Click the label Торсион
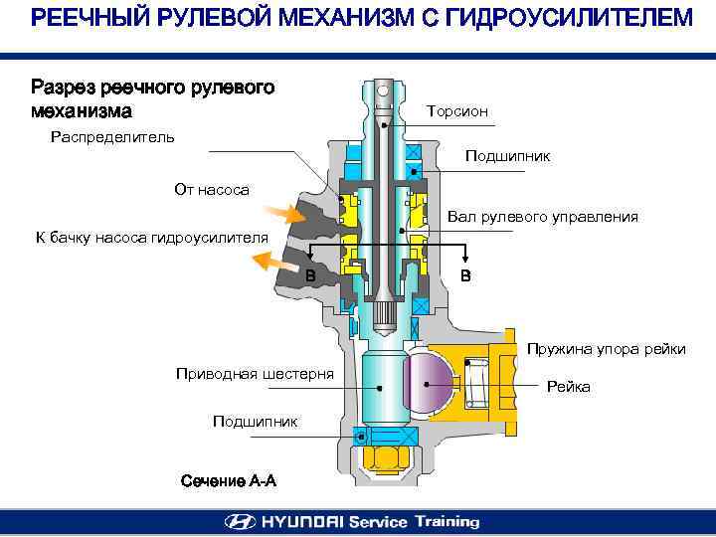(456, 111)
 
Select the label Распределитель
(112, 136)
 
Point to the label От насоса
(212, 189)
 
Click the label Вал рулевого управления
(542, 216)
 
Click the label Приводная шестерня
(255, 373)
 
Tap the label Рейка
(569, 387)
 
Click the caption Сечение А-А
(229, 481)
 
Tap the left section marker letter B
(311, 274)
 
